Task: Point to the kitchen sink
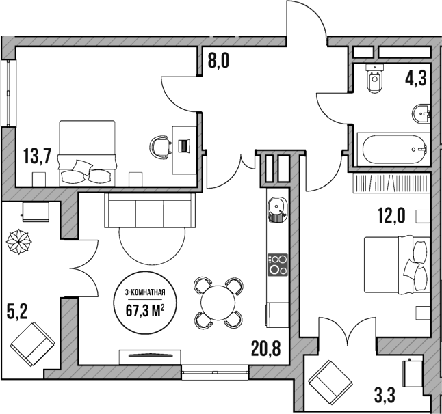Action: coord(276,208)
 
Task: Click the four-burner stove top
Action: coord(277,264)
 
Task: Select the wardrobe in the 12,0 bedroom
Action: coord(392,184)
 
